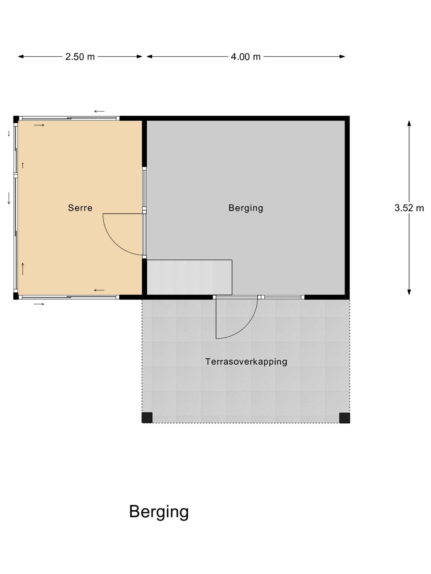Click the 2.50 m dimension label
(80, 57)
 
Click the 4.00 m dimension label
(245, 57)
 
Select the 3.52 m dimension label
(409, 208)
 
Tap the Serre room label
(80, 208)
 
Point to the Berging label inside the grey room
(246, 208)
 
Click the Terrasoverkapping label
(246, 362)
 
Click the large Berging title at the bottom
(159, 512)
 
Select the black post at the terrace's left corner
(147, 418)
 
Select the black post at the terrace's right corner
(345, 418)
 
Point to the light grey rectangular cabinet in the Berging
(189, 277)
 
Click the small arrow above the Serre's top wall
(99, 112)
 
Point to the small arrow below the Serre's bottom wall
(39, 304)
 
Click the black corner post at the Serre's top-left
(16, 119)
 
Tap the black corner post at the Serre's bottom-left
(16, 296)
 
